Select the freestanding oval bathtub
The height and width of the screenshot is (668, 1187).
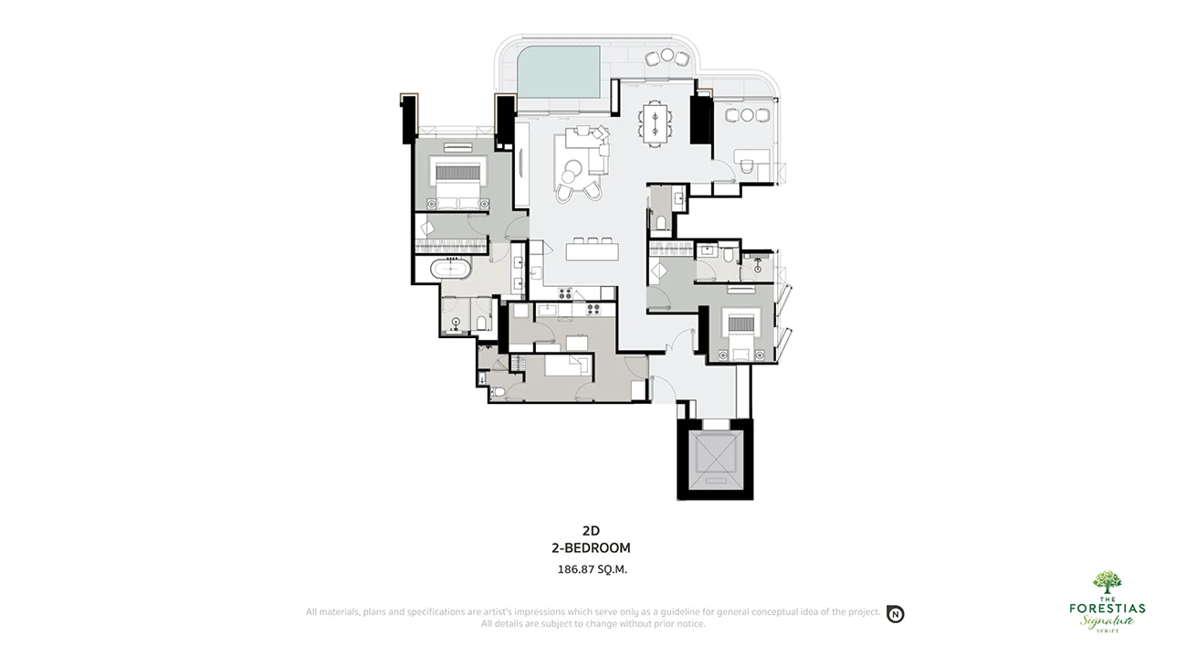pyautogui.click(x=450, y=270)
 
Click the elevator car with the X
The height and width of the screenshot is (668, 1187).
pyautogui.click(x=715, y=457)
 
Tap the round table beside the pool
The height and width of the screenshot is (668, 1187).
pyautogui.click(x=667, y=55)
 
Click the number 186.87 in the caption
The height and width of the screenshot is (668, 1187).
pyautogui.click(x=575, y=569)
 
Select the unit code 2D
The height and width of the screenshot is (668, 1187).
pyautogui.click(x=591, y=531)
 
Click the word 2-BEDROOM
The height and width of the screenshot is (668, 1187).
pyautogui.click(x=591, y=548)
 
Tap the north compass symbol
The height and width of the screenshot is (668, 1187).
pyautogui.click(x=896, y=614)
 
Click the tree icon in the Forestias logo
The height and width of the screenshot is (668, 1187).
pyautogui.click(x=1107, y=583)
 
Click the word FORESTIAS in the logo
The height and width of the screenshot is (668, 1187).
pyautogui.click(x=1107, y=608)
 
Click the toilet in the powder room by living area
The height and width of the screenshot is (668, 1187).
pyautogui.click(x=661, y=223)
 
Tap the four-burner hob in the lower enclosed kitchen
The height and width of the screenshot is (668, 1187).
pyautogui.click(x=593, y=310)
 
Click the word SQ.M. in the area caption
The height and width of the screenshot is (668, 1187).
pyautogui.click(x=612, y=569)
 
